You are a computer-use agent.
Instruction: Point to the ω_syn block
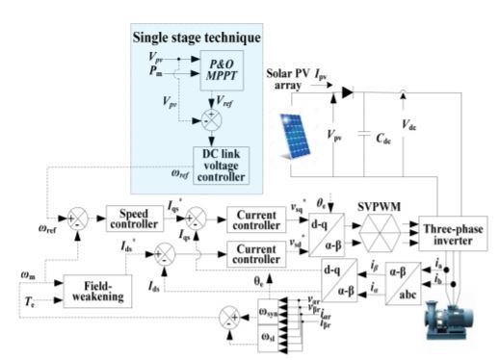tap(276, 314)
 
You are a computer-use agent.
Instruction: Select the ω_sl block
tap(276, 336)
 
